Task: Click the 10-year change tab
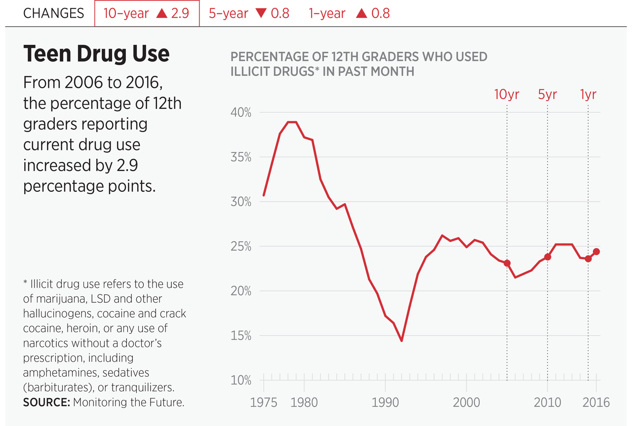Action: [x=147, y=13]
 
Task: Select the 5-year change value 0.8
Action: [x=280, y=13]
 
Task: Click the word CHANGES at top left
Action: [x=53, y=13]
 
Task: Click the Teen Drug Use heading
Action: [x=96, y=54]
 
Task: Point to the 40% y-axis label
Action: [x=241, y=112]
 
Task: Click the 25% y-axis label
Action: [x=241, y=247]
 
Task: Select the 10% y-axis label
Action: [x=241, y=381]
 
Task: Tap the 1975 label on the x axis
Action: [x=264, y=402]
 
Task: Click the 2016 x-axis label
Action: [x=595, y=402]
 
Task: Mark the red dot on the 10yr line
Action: [x=507, y=263]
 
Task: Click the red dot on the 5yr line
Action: [x=548, y=257]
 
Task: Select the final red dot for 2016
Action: [x=596, y=251]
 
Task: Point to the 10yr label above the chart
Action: [x=507, y=94]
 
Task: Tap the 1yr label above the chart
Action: [x=588, y=94]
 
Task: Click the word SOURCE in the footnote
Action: [x=46, y=402]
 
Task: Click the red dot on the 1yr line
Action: [x=588, y=259]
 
